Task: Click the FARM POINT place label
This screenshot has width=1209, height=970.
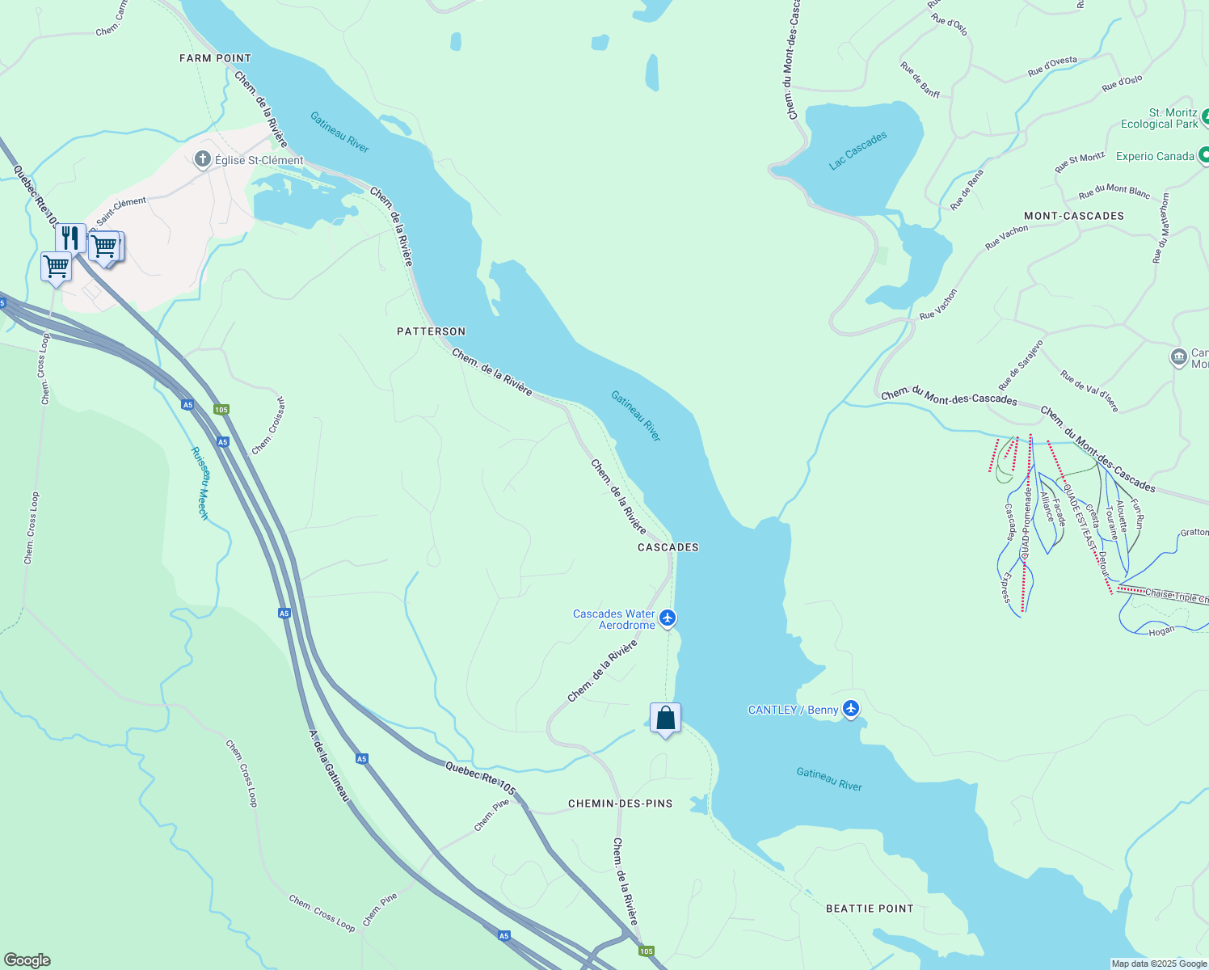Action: click(x=215, y=58)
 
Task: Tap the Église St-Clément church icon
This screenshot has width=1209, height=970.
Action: click(x=203, y=159)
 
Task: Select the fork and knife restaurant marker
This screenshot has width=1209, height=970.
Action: click(x=71, y=238)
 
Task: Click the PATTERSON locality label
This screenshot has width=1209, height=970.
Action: click(x=431, y=331)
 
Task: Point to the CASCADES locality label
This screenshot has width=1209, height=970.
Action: click(x=668, y=547)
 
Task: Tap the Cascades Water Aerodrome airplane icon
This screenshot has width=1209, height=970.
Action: click(x=667, y=618)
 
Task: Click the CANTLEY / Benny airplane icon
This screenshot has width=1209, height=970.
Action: click(x=850, y=709)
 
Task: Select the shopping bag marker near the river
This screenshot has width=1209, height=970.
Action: click(x=665, y=718)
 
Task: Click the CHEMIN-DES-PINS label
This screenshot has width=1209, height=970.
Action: click(x=620, y=803)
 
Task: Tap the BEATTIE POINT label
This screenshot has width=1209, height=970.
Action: click(x=870, y=909)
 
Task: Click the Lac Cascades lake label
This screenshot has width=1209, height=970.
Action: click(x=857, y=150)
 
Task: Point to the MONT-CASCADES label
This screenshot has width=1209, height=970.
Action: click(x=1073, y=216)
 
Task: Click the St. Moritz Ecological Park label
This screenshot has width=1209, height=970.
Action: click(x=1159, y=118)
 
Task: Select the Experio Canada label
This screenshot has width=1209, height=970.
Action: click(x=1154, y=156)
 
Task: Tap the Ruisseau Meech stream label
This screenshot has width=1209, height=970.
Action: click(x=200, y=483)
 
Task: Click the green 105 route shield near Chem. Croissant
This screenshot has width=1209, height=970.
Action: click(x=221, y=410)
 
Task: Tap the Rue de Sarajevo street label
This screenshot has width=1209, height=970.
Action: click(x=1021, y=365)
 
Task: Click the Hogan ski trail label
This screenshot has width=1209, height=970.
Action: click(x=1161, y=630)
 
